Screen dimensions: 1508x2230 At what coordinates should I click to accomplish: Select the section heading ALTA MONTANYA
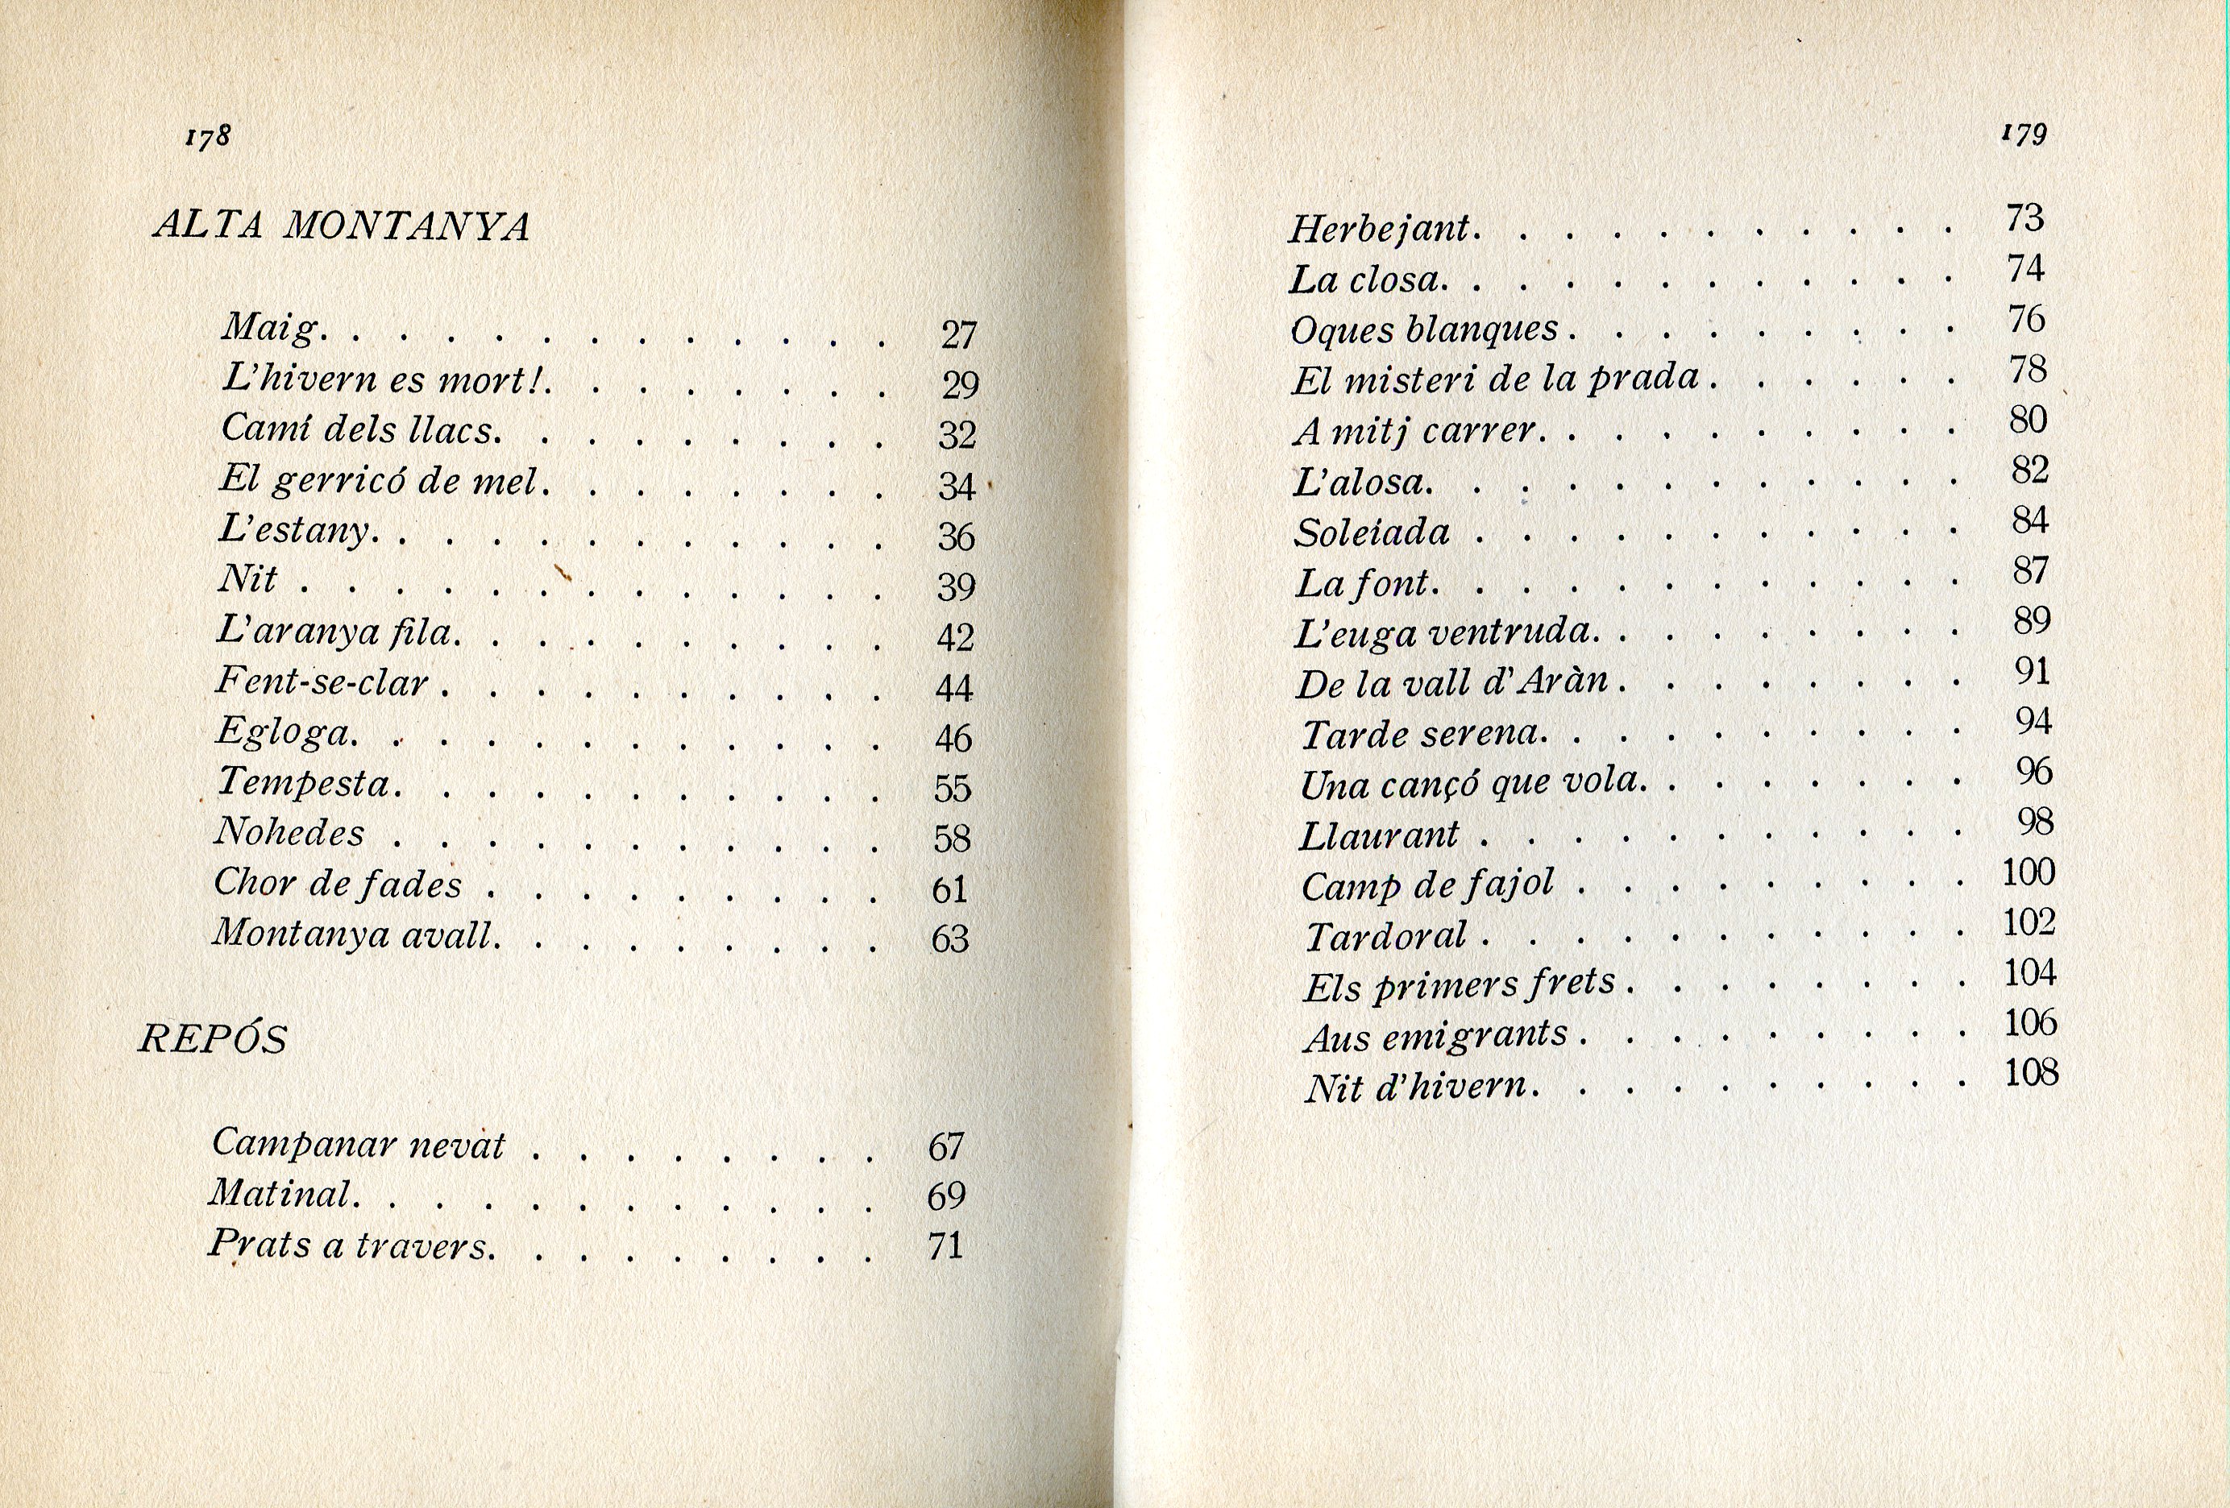[342, 226]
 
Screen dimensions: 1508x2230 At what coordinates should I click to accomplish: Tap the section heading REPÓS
[213, 1039]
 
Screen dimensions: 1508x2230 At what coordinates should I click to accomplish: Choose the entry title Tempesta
[306, 782]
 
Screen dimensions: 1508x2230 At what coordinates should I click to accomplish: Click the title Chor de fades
[337, 884]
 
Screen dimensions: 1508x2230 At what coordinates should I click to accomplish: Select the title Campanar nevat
[357, 1143]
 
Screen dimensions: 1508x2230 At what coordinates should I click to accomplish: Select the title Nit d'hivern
[1415, 1087]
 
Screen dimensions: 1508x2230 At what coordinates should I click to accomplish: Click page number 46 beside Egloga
[953, 738]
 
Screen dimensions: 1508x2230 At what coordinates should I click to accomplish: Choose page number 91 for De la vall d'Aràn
[2033, 672]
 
